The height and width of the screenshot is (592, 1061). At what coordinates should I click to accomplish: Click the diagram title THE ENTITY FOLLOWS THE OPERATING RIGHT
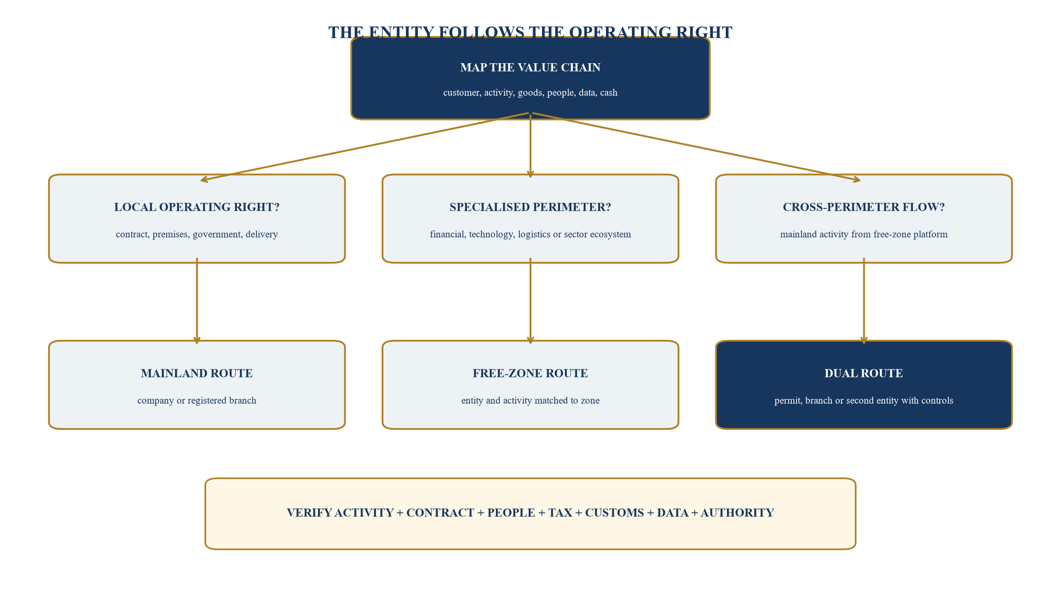530,32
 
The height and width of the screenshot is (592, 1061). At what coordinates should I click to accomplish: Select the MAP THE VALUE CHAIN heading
530,67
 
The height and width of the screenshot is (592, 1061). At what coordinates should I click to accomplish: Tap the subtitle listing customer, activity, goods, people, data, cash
530,93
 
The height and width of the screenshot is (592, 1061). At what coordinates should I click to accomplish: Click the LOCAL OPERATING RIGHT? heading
197,207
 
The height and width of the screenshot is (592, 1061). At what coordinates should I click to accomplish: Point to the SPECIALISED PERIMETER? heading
530,207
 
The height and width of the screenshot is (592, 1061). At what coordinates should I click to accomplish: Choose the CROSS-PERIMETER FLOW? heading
863,207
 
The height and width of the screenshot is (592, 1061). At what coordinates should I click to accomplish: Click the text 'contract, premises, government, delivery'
197,234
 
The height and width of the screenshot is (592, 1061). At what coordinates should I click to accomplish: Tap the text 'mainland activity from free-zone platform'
863,234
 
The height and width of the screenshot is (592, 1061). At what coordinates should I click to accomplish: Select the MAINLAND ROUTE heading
197,373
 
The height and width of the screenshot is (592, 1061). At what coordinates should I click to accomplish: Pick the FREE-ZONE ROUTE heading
530,373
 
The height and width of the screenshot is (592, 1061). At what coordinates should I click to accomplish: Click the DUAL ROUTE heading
863,373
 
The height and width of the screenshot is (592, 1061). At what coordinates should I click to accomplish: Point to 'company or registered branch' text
197,401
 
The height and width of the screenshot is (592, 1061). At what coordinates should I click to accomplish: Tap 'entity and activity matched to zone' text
530,401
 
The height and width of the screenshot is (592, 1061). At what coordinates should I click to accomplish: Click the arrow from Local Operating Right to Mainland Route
197,301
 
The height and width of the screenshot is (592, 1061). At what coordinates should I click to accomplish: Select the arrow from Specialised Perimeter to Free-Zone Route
530,301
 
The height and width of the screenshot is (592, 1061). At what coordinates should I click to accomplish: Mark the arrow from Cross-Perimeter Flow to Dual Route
864,301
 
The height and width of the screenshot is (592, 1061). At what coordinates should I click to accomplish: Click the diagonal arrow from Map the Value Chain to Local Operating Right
364,147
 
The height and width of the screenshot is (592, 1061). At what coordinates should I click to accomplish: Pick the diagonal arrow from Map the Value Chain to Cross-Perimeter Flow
697,147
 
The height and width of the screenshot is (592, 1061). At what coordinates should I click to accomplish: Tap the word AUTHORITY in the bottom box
737,513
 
